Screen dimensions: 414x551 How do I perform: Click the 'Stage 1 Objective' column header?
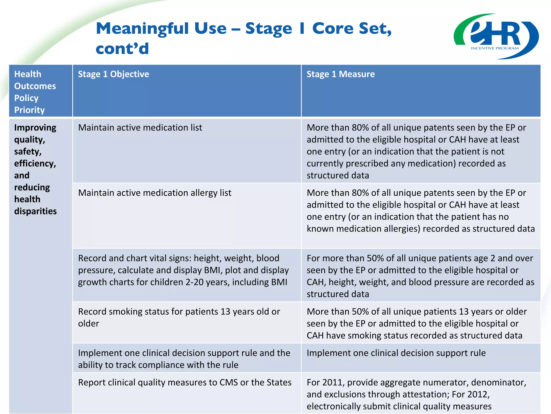coord(113,74)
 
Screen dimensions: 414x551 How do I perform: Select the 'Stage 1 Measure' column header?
coord(340,74)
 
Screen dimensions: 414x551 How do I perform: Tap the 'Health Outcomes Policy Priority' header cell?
coord(35,92)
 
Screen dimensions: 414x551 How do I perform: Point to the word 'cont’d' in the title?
coord(122,49)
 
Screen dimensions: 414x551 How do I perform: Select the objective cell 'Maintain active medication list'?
coord(140,127)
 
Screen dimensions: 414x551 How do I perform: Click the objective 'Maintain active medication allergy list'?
coord(155,193)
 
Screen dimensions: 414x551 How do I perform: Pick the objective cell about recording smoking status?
coord(179,317)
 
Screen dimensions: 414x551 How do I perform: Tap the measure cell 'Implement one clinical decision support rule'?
coord(396,353)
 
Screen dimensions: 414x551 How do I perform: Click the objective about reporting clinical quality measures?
coord(185,382)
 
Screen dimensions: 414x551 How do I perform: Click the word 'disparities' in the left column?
coord(35,211)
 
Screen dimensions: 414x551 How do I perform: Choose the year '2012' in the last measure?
coord(478,394)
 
